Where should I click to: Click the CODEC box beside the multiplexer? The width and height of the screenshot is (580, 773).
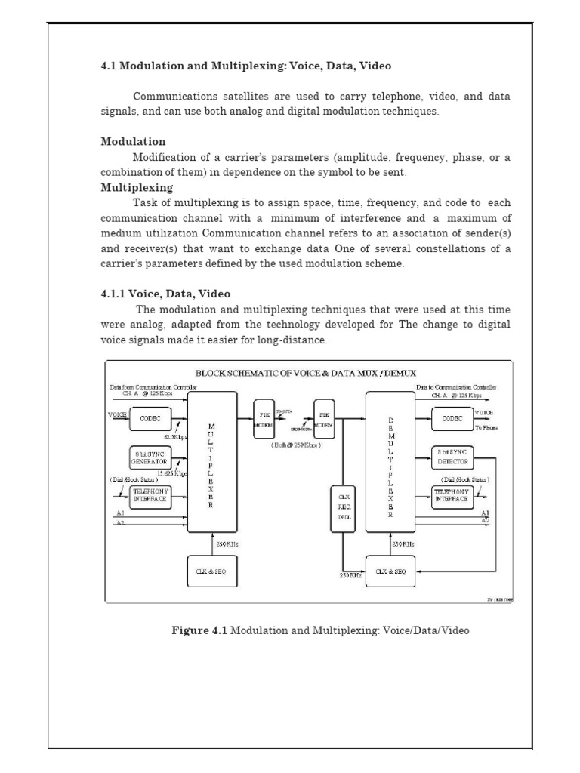[150, 417]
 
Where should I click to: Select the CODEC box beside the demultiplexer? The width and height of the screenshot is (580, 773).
[452, 417]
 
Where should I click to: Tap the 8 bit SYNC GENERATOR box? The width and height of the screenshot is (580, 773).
[150, 457]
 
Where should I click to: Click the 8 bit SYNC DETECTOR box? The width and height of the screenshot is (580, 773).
[452, 457]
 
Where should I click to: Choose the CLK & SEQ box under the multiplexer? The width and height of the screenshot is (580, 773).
[211, 571]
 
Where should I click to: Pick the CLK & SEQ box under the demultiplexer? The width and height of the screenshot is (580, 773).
[390, 571]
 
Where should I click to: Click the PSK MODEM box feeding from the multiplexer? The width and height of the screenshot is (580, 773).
[265, 419]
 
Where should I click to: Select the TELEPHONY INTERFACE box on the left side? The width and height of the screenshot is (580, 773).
[150, 495]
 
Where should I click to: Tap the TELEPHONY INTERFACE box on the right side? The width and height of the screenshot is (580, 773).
[452, 495]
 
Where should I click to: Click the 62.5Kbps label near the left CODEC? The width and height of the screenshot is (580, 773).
[175, 436]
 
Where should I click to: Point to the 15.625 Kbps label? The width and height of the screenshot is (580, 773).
[171, 473]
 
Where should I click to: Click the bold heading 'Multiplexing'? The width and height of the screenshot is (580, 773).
[137, 187]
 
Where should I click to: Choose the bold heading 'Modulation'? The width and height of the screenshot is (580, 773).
[134, 142]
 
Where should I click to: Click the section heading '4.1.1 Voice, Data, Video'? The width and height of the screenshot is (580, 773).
[165, 294]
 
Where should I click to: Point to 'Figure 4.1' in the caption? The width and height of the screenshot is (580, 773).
[199, 630]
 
